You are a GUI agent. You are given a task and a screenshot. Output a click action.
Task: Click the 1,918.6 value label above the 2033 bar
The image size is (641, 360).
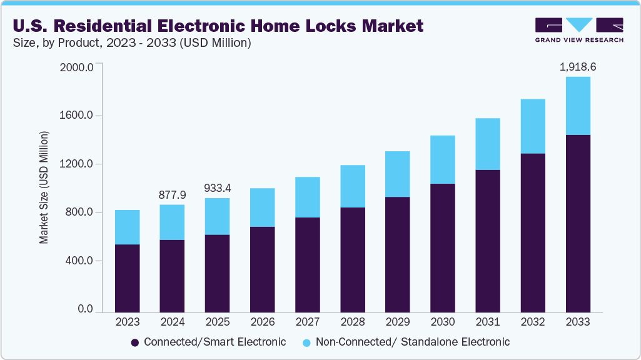577,66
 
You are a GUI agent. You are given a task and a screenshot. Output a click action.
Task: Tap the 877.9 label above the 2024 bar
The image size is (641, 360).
172,194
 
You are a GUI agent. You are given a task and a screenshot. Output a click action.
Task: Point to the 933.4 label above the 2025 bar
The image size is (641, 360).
217,188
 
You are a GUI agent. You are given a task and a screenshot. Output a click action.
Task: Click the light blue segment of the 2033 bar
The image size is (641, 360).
577,106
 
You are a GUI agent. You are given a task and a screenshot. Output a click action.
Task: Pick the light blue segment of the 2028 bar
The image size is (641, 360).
352,186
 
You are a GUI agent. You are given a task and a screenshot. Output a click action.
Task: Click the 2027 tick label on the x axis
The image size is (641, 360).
307,322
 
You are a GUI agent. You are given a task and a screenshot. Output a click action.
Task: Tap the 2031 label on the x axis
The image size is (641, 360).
487,322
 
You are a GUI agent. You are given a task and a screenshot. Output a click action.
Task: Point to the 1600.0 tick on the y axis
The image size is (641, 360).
77,116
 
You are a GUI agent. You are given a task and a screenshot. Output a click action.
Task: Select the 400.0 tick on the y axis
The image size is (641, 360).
79,261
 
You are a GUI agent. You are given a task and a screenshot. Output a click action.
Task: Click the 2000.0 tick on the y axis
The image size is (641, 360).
76,67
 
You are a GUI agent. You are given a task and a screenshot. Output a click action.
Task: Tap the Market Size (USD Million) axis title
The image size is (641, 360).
44,187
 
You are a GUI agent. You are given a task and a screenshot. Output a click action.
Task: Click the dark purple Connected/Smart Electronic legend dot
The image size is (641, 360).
134,342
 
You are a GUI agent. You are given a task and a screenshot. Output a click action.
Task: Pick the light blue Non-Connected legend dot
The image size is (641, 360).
306,342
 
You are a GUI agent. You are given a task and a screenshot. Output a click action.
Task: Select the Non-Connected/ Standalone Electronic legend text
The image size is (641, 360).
413,342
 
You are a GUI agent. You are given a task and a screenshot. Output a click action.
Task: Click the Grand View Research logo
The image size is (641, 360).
579,30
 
